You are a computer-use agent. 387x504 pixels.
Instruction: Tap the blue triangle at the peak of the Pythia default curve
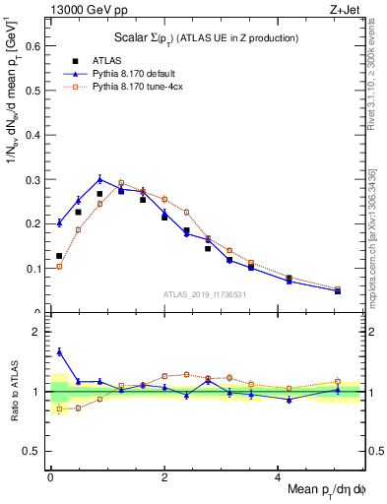100,178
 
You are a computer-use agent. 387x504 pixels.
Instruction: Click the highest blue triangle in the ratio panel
59,351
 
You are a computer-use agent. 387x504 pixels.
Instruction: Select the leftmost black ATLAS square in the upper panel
59,256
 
